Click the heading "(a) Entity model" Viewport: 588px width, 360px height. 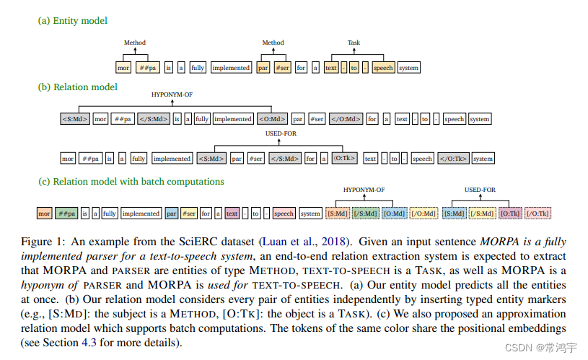coord(73,21)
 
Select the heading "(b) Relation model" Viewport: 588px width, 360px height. coord(78,87)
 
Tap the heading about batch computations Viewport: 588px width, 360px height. coord(131,181)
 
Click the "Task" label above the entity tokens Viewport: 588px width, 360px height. coord(354,43)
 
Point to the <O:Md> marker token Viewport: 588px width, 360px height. coord(272,119)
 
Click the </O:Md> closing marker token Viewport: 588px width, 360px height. coord(346,119)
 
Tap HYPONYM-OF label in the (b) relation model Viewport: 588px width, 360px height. coord(171,95)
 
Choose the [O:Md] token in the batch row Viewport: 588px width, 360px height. coord(393,214)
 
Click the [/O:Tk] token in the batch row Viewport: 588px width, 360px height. coord(538,214)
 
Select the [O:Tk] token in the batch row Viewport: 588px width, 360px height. coord(510,214)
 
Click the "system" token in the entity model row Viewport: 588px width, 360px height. coord(408,69)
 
